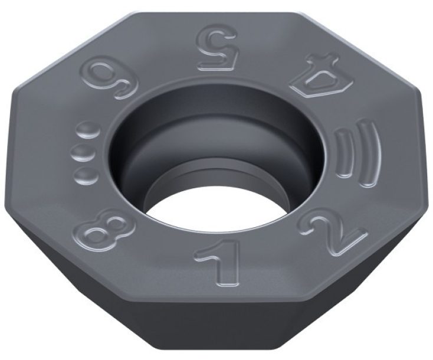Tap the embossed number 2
[336, 234]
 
